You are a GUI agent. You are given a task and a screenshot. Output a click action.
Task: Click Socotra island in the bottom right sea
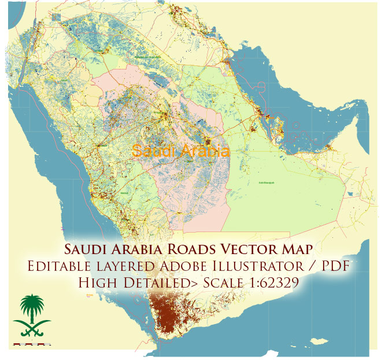tap(316, 340)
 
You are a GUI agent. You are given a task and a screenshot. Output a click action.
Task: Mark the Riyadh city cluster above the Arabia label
tap(208, 139)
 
